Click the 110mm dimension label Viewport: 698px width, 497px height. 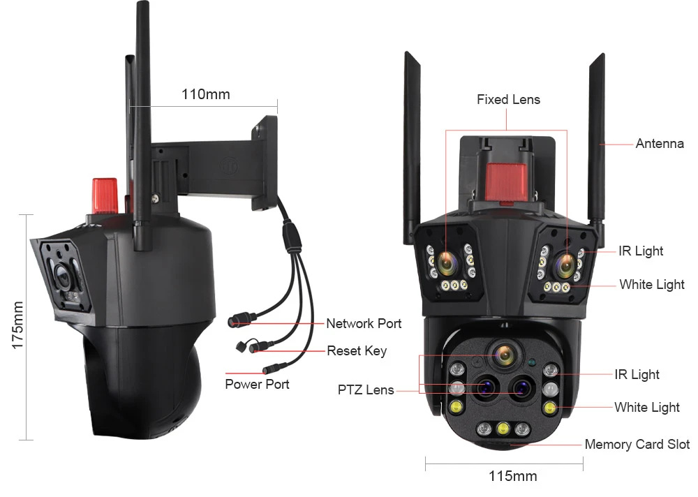[x=206, y=94]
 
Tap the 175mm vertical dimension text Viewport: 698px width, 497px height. [x=17, y=325]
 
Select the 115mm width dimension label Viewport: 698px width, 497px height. [x=513, y=475]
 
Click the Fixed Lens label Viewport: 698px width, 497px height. [x=508, y=99]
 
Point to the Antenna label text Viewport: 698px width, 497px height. [x=660, y=143]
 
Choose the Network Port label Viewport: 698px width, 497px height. [x=364, y=323]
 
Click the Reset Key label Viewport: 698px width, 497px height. [x=357, y=351]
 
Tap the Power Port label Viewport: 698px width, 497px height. [x=257, y=384]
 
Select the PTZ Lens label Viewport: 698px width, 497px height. [x=366, y=390]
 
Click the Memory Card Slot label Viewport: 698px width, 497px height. [x=637, y=444]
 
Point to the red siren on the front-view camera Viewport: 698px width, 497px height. [x=505, y=182]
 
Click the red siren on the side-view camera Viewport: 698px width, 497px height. [x=105, y=195]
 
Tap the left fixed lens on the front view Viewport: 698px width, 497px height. [x=447, y=262]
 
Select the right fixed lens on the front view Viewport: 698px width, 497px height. [x=566, y=264]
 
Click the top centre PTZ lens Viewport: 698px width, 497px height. [x=505, y=355]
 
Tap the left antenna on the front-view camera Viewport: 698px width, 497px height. [x=411, y=148]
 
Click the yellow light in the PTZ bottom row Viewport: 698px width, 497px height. [x=503, y=429]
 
